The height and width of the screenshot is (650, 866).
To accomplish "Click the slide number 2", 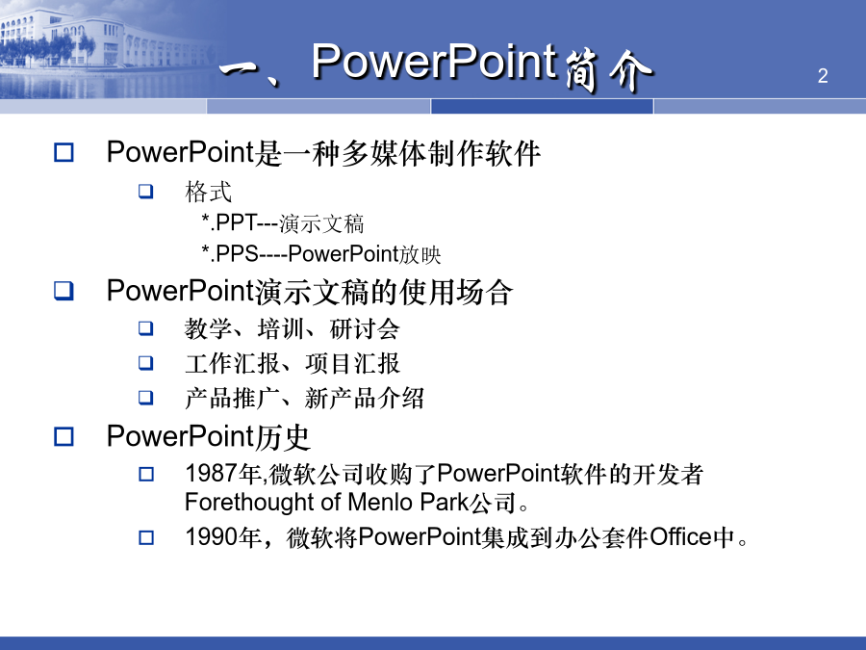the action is point(823,76).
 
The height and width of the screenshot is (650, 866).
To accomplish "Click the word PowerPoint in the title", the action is point(434,62).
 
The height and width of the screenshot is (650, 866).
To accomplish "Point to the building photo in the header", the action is point(105,50).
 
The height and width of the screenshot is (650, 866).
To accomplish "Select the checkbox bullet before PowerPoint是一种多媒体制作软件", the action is point(64,152).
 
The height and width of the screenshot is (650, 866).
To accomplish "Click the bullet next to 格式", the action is point(146,192).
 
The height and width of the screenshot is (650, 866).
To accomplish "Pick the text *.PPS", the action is point(230,253).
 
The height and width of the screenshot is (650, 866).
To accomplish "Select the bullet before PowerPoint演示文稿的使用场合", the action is point(64,291).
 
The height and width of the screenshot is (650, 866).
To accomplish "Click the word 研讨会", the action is point(365,329).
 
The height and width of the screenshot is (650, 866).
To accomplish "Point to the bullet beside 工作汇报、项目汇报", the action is point(146,363).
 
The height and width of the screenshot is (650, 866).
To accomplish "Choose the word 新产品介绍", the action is point(364,398).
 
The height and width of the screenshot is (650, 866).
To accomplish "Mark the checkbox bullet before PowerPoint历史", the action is point(64,436).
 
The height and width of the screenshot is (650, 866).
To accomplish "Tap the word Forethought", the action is point(249,503).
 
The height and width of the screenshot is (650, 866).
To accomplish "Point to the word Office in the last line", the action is point(681,536).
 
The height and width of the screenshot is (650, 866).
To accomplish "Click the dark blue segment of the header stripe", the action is point(542,106).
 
